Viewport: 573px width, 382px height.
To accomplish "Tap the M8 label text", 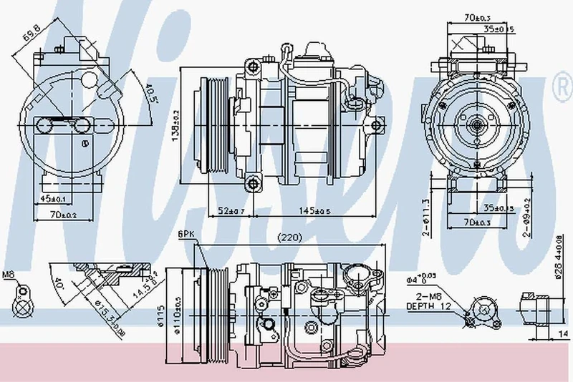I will tap(9, 274).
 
